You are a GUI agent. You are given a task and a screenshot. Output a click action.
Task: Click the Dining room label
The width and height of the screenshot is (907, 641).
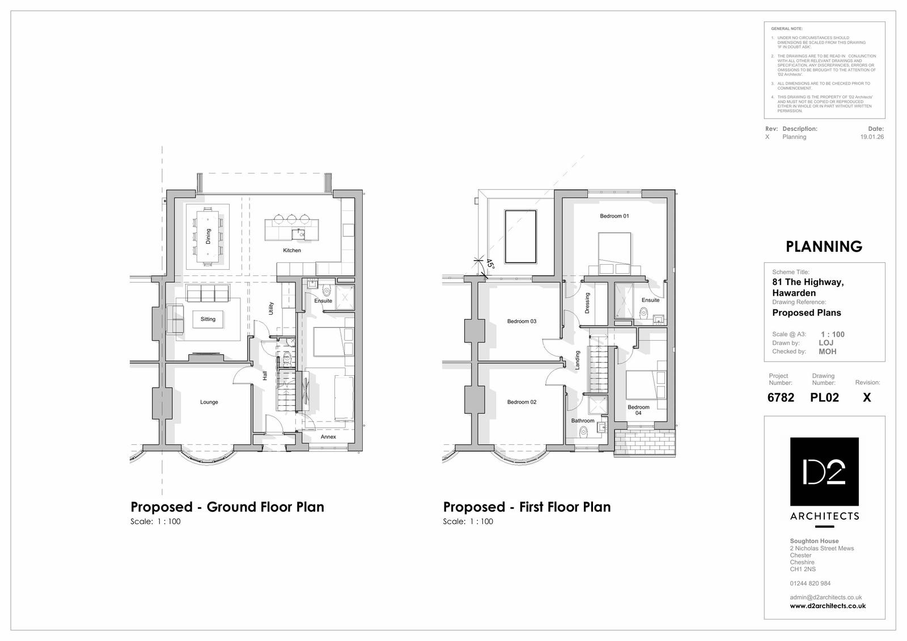(208, 235)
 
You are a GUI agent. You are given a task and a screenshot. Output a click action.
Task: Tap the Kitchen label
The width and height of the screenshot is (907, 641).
(292, 250)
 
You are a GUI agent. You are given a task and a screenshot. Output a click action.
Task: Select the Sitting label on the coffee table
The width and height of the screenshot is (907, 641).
(208, 319)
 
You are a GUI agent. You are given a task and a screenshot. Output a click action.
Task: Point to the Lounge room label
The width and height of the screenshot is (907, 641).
(209, 402)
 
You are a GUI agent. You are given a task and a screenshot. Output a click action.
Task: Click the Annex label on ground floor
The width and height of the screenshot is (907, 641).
(328, 436)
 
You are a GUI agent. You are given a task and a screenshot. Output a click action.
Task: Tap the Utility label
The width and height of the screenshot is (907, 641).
(271, 308)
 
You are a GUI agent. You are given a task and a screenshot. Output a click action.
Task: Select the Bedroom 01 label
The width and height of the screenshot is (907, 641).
(614, 216)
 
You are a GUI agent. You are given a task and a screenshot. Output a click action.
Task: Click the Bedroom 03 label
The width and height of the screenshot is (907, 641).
(522, 321)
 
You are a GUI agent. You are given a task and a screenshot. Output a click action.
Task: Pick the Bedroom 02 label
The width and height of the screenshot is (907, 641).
(522, 402)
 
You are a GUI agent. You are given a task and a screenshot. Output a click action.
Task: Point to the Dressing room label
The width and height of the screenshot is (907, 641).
(587, 303)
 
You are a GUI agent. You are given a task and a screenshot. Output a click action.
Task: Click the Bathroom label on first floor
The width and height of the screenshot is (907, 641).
(583, 421)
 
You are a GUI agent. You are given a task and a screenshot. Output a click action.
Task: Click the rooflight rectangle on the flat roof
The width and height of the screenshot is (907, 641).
(520, 236)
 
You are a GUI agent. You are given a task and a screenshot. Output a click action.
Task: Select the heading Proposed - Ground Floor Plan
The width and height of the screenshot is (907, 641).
(227, 507)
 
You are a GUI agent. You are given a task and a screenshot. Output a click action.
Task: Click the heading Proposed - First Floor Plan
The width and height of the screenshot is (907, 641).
(527, 507)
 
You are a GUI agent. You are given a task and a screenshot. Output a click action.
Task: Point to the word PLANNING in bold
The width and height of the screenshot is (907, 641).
(824, 247)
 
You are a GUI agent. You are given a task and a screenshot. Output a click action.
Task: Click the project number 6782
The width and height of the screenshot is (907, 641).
(781, 397)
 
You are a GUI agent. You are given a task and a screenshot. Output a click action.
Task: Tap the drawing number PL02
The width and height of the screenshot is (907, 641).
(824, 397)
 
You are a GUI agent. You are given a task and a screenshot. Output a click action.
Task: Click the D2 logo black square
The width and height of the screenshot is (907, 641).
(824, 472)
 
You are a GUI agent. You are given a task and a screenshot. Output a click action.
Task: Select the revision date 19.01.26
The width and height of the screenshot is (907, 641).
(872, 137)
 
